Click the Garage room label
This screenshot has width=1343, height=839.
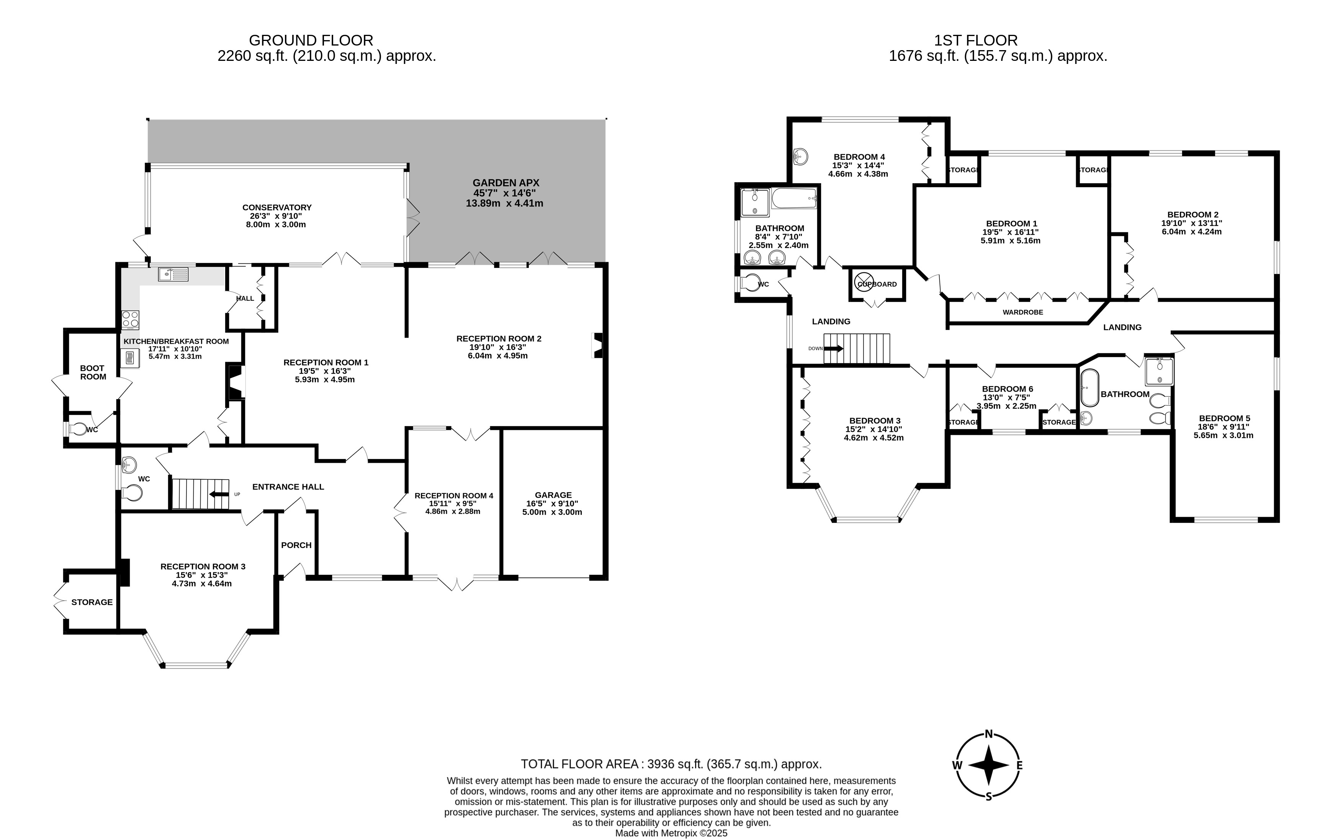[x=553, y=495]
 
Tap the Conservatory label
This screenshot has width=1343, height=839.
[x=277, y=207]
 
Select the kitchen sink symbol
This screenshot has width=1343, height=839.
[x=173, y=274]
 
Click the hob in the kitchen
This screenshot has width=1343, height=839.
[x=131, y=320]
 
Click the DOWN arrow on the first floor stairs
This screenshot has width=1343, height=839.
[x=833, y=348]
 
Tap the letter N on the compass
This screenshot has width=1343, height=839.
[x=989, y=734]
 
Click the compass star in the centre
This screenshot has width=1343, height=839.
[x=989, y=765]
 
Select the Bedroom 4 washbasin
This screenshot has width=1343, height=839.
[x=800, y=157]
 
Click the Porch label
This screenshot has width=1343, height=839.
[x=296, y=545]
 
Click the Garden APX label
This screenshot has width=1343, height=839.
[x=506, y=183]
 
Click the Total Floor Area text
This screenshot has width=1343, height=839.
[x=671, y=764]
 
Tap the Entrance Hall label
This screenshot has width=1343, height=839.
[x=288, y=486]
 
